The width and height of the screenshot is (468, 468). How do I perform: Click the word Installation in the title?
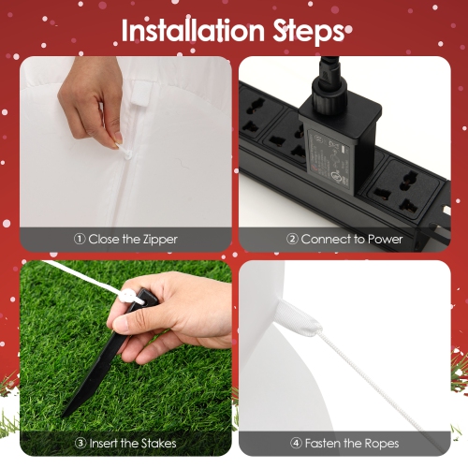point(193,30)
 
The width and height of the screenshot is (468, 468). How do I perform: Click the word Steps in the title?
point(308,32)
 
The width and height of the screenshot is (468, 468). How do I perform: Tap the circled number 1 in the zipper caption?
point(80,239)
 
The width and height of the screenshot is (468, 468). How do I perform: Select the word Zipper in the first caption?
point(160,240)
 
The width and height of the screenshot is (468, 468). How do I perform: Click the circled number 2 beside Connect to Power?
point(292,239)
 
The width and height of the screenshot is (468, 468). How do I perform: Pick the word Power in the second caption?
point(386,240)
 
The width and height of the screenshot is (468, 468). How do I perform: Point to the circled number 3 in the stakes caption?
point(80,443)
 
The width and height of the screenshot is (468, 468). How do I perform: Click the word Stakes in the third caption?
point(158,443)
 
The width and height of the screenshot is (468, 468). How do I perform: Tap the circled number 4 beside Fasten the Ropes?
point(296,443)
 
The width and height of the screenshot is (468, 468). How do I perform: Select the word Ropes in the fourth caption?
point(382,444)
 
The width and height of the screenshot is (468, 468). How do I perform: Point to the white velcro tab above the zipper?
point(141,93)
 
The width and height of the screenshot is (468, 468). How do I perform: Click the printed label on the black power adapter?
point(329,161)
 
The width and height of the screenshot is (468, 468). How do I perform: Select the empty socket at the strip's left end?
point(256,114)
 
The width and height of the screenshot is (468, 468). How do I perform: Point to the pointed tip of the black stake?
point(64,417)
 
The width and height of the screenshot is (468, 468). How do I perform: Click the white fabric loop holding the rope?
point(297,318)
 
